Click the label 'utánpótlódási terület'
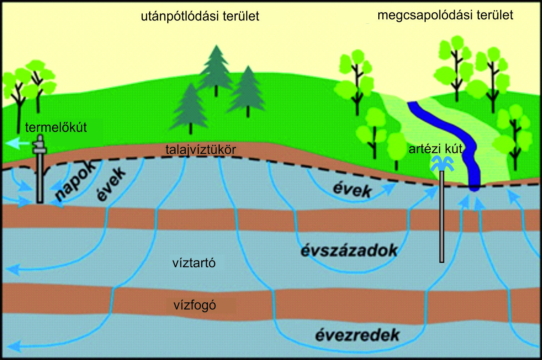[200, 17]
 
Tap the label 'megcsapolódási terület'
[445, 15]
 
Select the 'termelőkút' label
[56, 127]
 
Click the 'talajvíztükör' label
[200, 150]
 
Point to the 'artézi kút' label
[435, 149]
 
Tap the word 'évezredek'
[357, 335]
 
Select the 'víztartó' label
[194, 263]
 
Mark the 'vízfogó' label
[194, 305]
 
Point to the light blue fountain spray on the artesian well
[442, 163]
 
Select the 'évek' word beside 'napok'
[111, 184]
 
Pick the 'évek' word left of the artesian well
[352, 190]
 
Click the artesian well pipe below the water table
[442, 221]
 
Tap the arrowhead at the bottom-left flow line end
[13, 347]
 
